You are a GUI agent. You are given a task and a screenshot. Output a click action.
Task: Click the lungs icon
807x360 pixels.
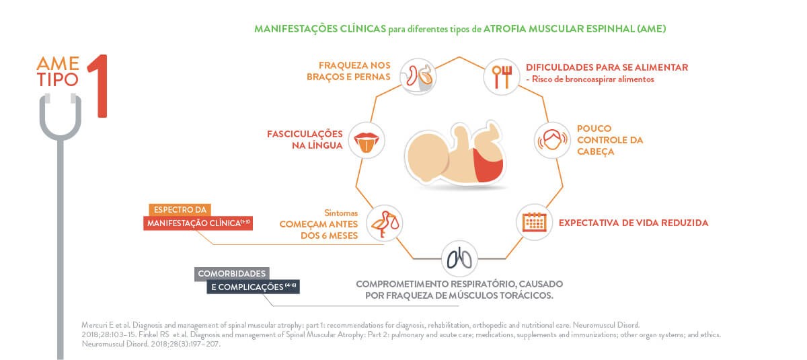coord(459,259)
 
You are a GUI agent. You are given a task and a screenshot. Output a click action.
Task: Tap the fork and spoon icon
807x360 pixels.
coord(502,77)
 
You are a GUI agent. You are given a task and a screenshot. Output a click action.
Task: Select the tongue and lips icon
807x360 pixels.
coord(367,140)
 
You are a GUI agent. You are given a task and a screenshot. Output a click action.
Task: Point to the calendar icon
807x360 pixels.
coord(534,222)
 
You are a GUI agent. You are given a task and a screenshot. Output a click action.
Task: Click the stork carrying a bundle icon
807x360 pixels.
coord(385,223)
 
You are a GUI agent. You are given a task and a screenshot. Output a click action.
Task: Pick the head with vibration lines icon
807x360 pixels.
coord(552,140)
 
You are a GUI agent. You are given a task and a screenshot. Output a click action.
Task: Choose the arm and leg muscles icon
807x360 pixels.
coord(418,77)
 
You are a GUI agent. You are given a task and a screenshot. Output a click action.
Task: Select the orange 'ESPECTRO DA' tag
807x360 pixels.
coord(180,210)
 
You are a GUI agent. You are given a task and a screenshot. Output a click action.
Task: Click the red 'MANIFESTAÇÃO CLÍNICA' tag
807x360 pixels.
coord(198,223)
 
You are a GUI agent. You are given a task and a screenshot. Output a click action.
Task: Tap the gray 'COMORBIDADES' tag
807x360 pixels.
coord(231,274)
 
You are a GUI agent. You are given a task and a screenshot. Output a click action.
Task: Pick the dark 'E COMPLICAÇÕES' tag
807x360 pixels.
coord(254,287)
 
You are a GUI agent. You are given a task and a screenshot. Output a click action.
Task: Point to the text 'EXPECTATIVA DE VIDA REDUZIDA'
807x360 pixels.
coord(633,223)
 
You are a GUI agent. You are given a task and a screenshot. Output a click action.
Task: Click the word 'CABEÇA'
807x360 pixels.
coord(596,151)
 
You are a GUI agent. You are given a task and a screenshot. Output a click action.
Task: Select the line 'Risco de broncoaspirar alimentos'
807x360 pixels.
coord(592,79)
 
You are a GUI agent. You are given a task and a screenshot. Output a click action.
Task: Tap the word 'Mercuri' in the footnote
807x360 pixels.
coord(94,325)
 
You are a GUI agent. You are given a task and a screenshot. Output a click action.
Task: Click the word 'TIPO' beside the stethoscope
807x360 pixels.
coord(58,80)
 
